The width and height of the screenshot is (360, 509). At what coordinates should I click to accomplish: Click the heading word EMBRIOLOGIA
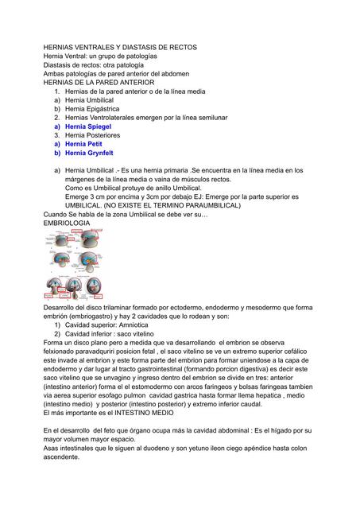[67, 223]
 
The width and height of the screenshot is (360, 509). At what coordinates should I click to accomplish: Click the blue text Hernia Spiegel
[89, 126]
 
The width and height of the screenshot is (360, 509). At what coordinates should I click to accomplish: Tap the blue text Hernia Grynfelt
[91, 153]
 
